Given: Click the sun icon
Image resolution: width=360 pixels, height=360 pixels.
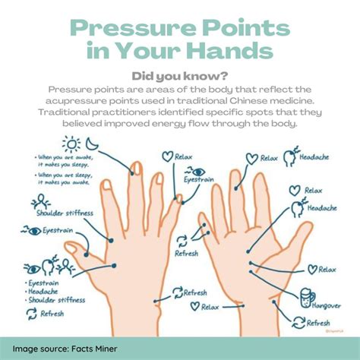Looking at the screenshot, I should [x=72, y=144].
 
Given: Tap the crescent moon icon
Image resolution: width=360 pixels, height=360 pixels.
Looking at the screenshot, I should [x=92, y=144].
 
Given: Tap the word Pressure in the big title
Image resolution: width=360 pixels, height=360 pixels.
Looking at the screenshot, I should [x=134, y=30].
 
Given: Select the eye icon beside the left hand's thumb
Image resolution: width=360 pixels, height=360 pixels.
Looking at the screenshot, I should [x=32, y=230].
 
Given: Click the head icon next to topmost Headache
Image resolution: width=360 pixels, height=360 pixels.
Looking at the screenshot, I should [x=290, y=157].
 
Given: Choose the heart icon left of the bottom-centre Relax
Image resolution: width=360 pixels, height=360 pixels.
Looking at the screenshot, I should [x=195, y=306].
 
